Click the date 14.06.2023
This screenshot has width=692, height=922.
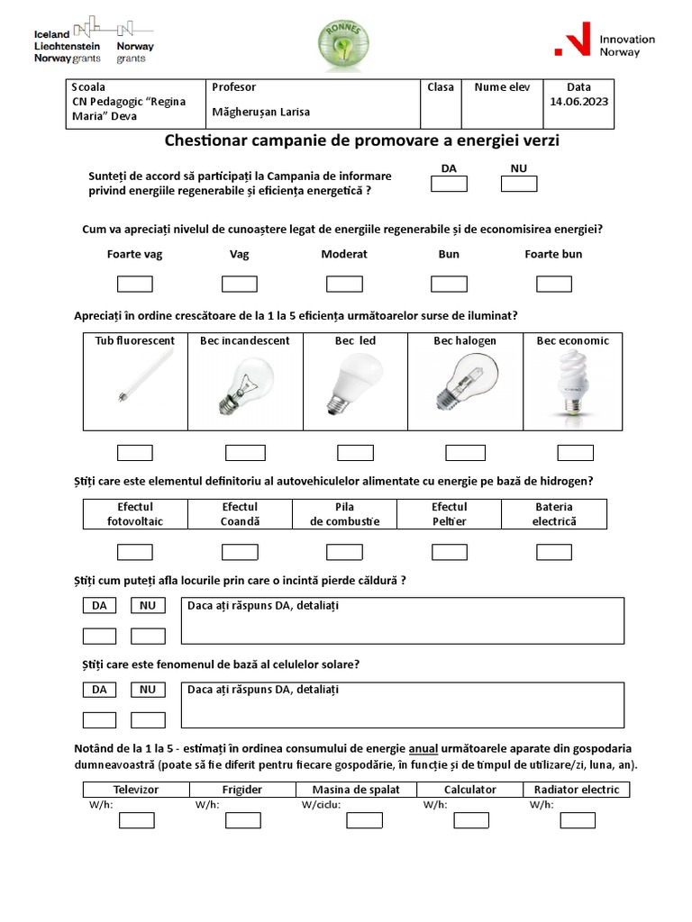click(x=578, y=102)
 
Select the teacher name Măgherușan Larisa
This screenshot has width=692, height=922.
click(x=260, y=113)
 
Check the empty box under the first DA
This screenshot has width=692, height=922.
click(x=449, y=185)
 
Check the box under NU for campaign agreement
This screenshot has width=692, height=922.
click(x=519, y=185)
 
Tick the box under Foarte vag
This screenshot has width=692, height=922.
click(x=135, y=285)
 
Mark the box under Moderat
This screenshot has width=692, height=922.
click(x=344, y=285)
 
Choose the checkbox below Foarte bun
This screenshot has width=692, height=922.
click(x=553, y=285)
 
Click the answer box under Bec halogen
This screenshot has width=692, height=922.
click(x=465, y=453)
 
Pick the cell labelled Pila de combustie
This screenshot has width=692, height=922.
click(x=344, y=514)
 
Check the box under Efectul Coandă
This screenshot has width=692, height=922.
click(x=240, y=551)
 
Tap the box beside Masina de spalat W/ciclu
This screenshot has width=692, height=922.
click(x=364, y=820)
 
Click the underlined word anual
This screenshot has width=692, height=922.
click(x=423, y=749)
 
